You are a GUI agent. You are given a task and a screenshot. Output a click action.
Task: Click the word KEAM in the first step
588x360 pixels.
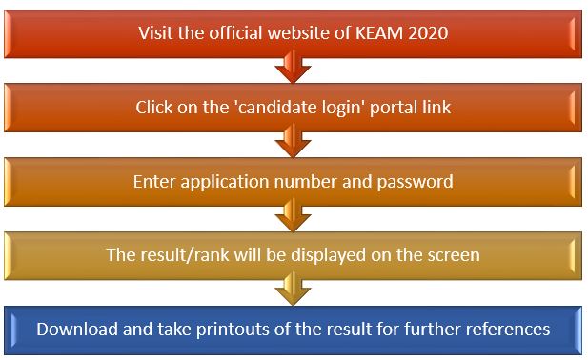383,33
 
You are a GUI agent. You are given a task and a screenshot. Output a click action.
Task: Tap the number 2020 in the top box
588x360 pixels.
429,33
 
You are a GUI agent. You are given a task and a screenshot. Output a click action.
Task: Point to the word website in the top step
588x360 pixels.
325,33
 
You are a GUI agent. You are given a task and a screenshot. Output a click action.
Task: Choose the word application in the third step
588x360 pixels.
224,181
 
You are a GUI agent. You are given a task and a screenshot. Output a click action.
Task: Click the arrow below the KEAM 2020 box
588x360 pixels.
294,70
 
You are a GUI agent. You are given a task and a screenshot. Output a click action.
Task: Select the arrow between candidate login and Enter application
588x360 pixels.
294,144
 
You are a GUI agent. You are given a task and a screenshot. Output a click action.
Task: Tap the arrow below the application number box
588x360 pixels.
294,218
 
